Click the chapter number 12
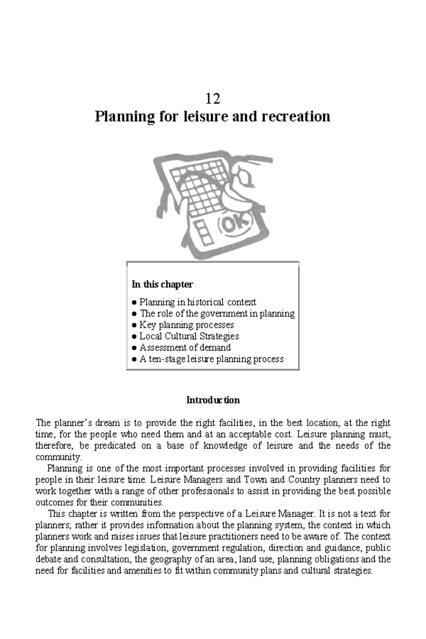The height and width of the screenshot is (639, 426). pyautogui.click(x=213, y=98)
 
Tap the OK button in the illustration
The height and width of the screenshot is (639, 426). pyautogui.click(x=236, y=224)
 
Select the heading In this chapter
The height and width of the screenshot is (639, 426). pyautogui.click(x=162, y=284)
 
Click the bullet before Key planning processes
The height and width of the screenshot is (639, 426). pyautogui.click(x=134, y=325)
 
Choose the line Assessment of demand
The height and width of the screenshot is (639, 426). pyautogui.click(x=185, y=348)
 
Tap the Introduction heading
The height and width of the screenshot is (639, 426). pyautogui.click(x=213, y=400)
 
